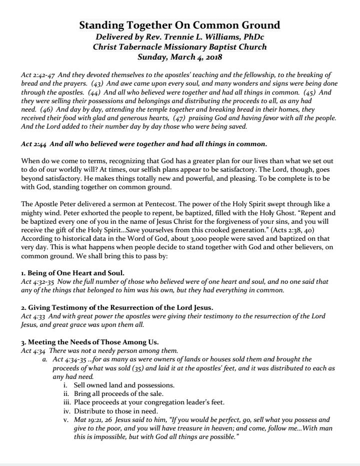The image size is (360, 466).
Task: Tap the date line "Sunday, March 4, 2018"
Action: (180, 57)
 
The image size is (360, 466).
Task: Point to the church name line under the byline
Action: (180, 47)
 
